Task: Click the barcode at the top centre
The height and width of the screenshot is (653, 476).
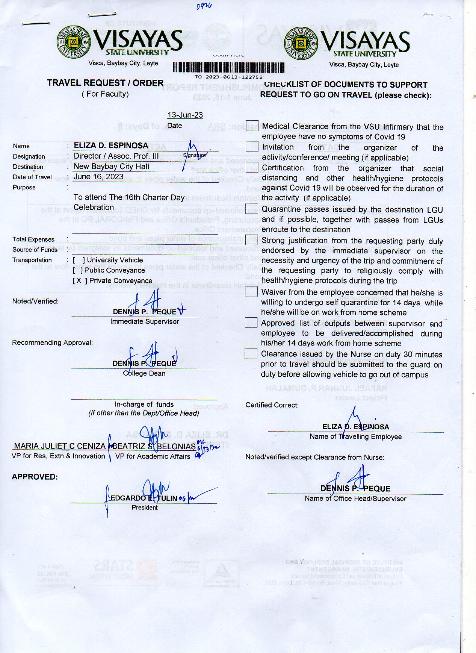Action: [x=228, y=68]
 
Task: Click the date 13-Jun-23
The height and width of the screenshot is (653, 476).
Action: [x=185, y=115]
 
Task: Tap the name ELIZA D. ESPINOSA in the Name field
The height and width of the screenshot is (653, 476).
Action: [x=111, y=145]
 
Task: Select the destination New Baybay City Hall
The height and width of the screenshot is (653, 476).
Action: [x=111, y=167]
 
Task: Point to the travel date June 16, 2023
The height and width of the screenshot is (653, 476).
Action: [x=98, y=177]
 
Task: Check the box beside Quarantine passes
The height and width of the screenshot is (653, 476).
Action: [x=251, y=209]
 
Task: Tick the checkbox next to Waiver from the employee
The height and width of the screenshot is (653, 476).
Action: [x=251, y=292]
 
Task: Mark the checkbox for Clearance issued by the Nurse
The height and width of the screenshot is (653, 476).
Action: [x=251, y=354]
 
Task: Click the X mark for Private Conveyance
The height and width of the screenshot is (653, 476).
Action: [x=79, y=280]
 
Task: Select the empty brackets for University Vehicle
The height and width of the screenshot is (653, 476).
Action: [x=79, y=260]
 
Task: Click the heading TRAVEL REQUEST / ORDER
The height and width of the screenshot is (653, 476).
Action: [x=105, y=83]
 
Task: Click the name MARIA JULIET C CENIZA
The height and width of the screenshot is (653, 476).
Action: [x=60, y=446]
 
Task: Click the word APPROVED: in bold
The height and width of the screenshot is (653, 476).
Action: [x=35, y=477]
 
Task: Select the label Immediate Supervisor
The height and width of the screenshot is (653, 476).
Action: [x=145, y=321]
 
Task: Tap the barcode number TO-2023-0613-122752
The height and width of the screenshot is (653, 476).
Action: [x=228, y=77]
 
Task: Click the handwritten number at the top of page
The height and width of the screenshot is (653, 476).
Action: [x=204, y=6]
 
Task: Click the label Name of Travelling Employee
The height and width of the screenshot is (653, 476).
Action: [x=355, y=436]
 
